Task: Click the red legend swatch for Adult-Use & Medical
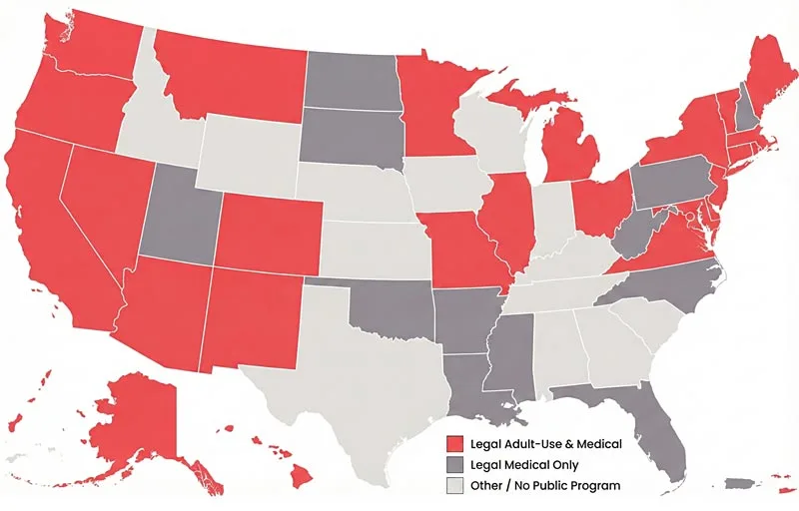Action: (456, 444)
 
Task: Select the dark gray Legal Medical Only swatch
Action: (456, 465)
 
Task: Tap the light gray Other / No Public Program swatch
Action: (456, 486)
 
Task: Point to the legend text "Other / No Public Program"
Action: (544, 486)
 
